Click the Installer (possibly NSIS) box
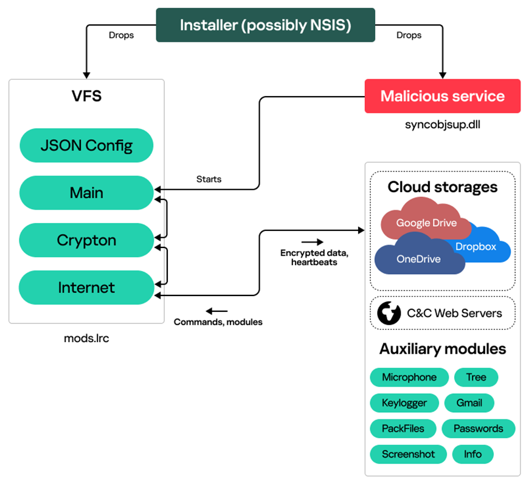(265, 25)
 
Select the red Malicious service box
(442, 96)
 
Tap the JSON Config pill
(86, 145)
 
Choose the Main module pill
(86, 193)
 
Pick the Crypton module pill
(86, 240)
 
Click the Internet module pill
(86, 288)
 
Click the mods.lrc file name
(86, 337)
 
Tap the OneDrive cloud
(418, 258)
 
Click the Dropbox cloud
(477, 246)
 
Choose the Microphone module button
(409, 377)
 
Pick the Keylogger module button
(404, 403)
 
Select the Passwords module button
(478, 429)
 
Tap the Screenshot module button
(408, 454)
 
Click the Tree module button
(476, 377)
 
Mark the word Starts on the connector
(209, 179)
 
